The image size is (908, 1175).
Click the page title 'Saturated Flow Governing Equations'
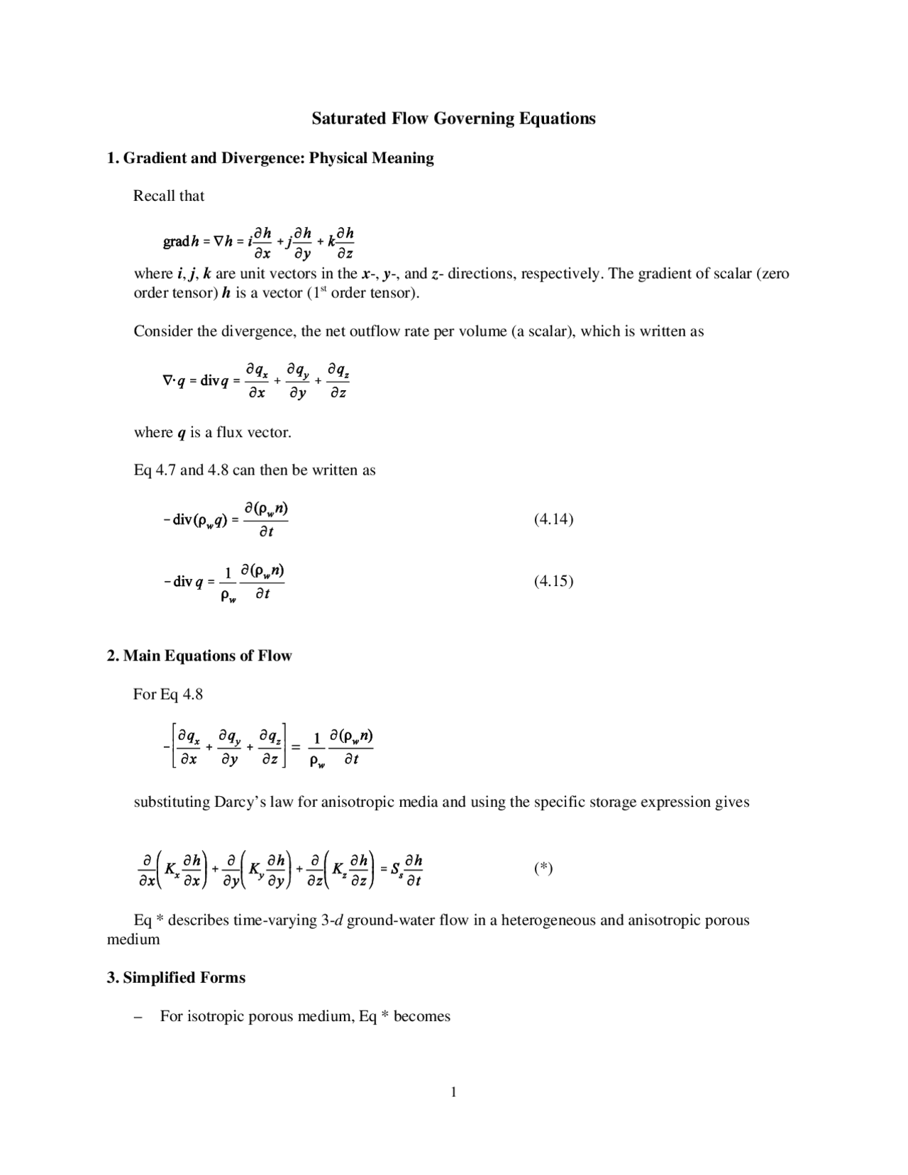453,118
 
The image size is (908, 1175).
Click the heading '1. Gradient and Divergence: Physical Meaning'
270,158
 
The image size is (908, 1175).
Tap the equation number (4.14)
553,519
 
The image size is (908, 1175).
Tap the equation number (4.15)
553,581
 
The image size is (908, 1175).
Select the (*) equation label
543,868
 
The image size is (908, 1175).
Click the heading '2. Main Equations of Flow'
199,656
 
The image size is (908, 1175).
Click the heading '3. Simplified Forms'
176,978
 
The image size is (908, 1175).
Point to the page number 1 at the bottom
453,1092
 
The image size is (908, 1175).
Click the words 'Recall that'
169,197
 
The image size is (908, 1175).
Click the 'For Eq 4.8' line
168,694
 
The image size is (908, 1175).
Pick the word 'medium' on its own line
133,939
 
